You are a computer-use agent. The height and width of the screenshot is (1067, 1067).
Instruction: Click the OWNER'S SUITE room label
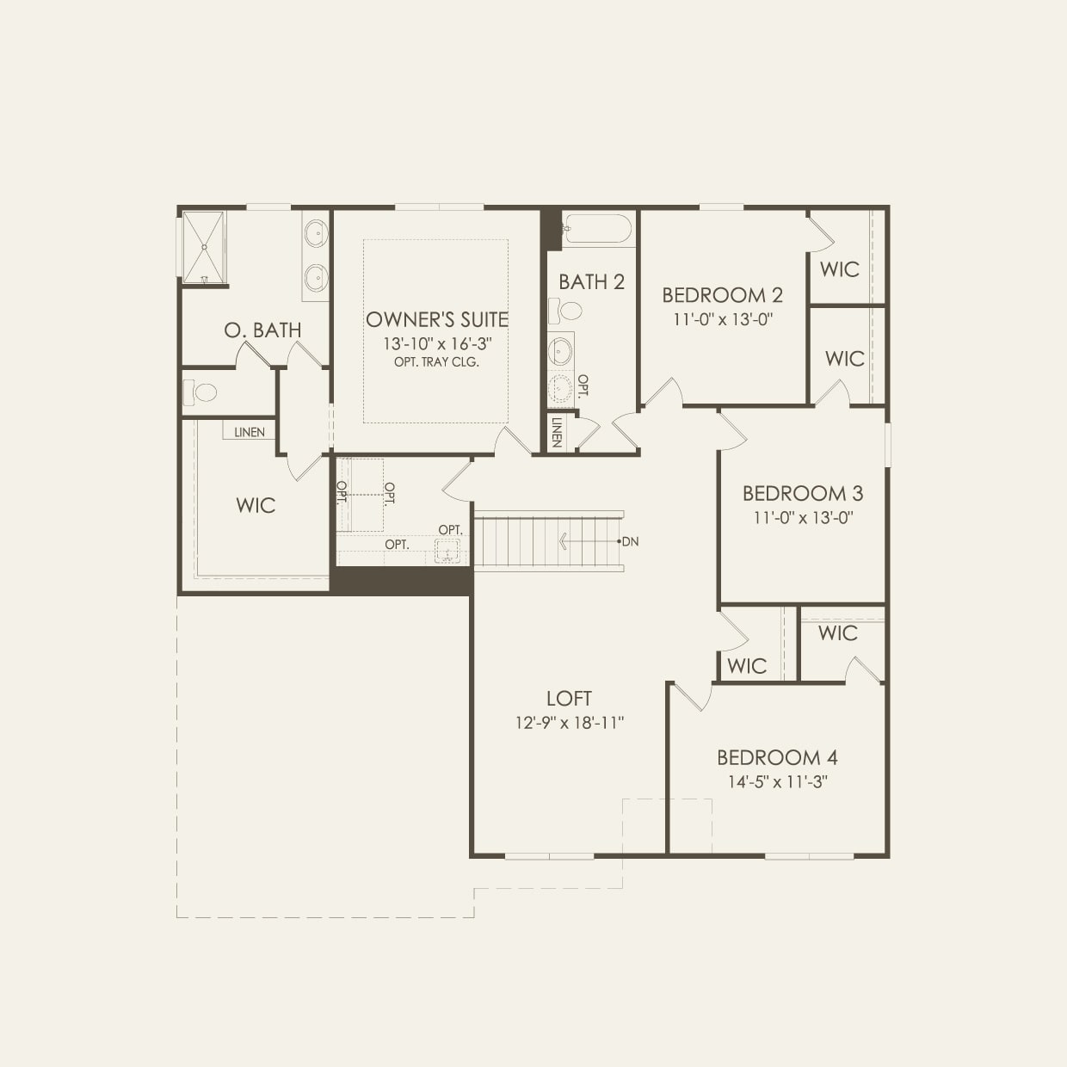coord(437,320)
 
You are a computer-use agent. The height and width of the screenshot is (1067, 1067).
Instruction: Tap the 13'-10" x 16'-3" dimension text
coord(437,343)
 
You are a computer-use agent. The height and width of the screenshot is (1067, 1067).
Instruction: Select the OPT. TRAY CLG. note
coord(437,362)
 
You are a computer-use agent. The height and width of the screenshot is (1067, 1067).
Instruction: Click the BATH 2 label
coord(591,282)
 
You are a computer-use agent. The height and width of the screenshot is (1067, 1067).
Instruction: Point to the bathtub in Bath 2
coord(596,230)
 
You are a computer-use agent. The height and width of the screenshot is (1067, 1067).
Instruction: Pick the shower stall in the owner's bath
coord(204,247)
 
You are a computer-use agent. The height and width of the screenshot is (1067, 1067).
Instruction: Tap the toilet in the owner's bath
coord(201,393)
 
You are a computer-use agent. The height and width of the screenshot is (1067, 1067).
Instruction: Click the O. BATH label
coord(262,330)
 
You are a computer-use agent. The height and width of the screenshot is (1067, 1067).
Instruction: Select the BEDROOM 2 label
coord(722,295)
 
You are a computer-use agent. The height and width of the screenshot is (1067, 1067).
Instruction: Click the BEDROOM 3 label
coord(802,494)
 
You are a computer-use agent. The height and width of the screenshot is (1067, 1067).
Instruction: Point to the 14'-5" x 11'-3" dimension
coord(777,782)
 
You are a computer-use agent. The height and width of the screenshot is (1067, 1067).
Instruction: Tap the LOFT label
coord(569,699)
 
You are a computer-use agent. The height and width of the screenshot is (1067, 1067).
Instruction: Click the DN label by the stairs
coord(631,542)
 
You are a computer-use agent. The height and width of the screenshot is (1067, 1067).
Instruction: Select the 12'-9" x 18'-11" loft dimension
coord(569,723)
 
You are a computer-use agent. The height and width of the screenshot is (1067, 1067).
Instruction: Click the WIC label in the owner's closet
coord(256,505)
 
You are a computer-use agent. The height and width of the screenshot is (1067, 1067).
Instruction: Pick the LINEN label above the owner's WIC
coord(250,432)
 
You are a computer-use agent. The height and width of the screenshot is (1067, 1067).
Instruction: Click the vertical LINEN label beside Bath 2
coord(557,432)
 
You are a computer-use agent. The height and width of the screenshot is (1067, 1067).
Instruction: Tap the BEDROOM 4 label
coord(777,758)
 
